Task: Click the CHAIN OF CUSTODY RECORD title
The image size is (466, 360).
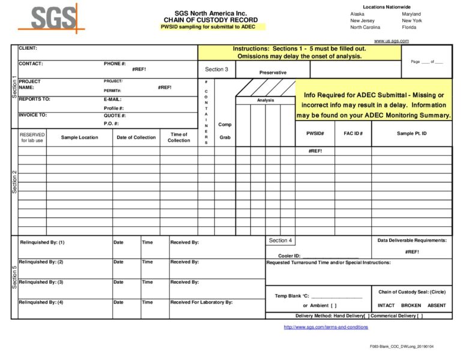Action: tap(210, 20)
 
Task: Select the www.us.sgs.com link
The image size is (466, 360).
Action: tap(391, 41)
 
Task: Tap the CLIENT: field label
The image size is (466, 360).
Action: tap(28, 48)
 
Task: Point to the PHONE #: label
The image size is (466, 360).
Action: tap(115, 64)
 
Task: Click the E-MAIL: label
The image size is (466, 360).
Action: tap(112, 99)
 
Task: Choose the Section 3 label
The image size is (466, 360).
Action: tap(216, 70)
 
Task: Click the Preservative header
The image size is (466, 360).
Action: tap(273, 73)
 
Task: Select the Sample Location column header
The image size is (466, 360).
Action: tap(79, 137)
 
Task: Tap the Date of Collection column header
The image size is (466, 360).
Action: tap(136, 137)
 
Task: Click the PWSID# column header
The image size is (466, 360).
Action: tap(315, 133)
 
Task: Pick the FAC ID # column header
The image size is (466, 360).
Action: tap(353, 133)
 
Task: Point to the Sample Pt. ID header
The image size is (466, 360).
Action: tap(412, 133)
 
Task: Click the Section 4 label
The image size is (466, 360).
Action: tap(280, 241)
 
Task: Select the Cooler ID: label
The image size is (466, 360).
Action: tap(289, 256)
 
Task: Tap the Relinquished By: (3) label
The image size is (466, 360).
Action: tap(41, 282)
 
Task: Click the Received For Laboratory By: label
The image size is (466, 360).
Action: tap(201, 302)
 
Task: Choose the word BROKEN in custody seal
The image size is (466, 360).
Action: tap(411, 305)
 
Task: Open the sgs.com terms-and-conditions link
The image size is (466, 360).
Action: tap(325, 327)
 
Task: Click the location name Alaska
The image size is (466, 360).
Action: tap(357, 14)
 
